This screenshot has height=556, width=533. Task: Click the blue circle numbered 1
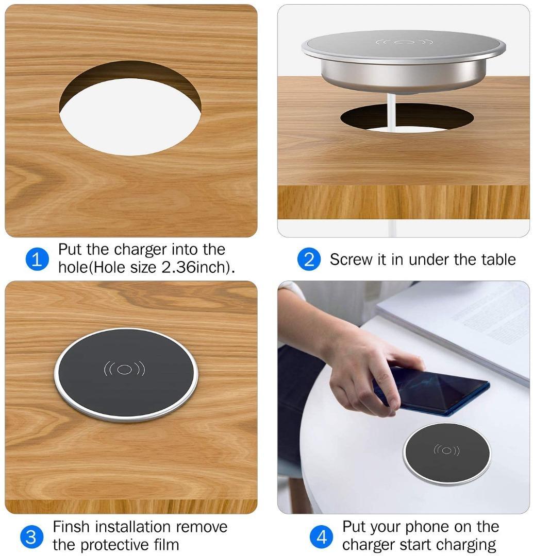click(37, 259)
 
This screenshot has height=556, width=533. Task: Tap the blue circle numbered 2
click(309, 259)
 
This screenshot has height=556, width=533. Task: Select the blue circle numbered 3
click(31, 537)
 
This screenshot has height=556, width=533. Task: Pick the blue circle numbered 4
click(321, 537)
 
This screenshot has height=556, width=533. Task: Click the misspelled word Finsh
click(71, 527)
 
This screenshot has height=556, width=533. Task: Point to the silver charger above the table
click(404, 62)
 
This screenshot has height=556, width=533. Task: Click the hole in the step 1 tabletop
click(130, 108)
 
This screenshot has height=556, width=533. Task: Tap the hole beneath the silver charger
click(407, 118)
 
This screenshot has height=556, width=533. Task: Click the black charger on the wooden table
click(126, 375)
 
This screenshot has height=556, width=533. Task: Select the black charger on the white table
click(447, 453)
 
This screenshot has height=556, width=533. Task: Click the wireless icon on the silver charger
click(404, 43)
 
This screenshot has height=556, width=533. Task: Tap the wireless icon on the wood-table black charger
click(124, 369)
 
